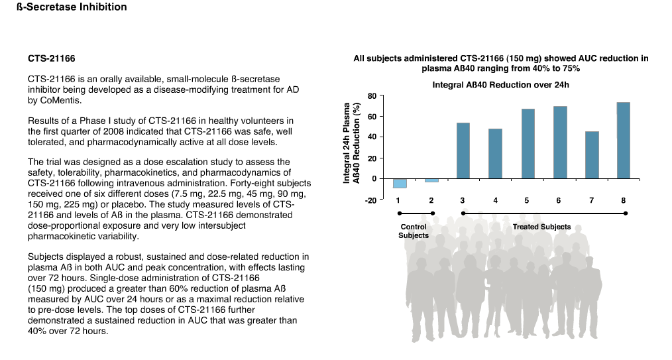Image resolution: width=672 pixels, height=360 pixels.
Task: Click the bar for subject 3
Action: tap(463, 151)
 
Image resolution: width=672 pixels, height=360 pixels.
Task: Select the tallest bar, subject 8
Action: tap(623, 141)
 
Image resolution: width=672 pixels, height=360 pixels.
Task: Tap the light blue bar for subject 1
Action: tap(400, 184)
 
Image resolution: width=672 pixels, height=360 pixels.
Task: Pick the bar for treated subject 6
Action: tap(560, 143)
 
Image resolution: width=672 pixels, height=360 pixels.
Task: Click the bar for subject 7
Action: tap(592, 155)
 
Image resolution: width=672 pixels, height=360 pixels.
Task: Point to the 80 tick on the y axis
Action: tap(372, 96)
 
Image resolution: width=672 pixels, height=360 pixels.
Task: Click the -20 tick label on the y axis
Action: tap(370, 200)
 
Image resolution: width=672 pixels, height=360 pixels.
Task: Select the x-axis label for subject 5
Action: tap(527, 200)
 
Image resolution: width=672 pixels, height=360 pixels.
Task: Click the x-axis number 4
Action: tap(496, 200)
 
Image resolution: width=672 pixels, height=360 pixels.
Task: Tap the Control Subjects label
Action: tap(414, 231)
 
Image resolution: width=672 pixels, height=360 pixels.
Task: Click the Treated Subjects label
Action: tap(541, 227)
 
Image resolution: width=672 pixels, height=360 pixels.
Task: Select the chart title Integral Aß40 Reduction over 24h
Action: tap(500, 85)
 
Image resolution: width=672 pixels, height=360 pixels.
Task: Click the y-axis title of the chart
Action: tap(351, 143)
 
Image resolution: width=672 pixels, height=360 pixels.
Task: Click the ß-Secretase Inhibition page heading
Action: tap(72, 7)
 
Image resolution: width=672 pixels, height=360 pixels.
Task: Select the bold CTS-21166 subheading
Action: tap(52, 58)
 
